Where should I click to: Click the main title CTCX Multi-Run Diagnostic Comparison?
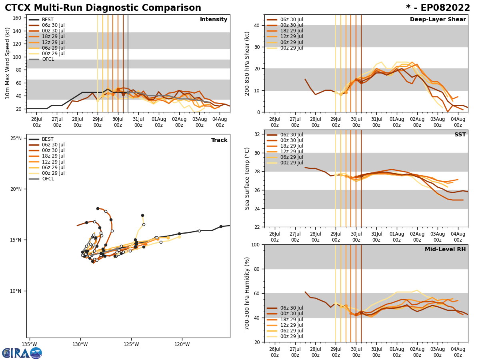pyautogui.click(x=103, y=8)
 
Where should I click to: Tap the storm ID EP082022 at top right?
pyautogui.click(x=438, y=8)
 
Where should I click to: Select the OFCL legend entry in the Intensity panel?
pyautogui.click(x=48, y=59)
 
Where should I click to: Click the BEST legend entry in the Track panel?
pyautogui.click(x=48, y=139)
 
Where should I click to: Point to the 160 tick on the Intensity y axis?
pyautogui.click(x=17, y=18)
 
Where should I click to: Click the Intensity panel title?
pyautogui.click(x=214, y=20)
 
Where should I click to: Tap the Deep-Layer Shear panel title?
pyautogui.click(x=438, y=20)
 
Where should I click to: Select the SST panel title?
pyautogui.click(x=460, y=135)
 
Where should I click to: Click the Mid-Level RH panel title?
pyautogui.click(x=445, y=250)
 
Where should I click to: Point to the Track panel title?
pyautogui.click(x=219, y=140)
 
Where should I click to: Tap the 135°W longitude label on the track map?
pyautogui.click(x=29, y=344)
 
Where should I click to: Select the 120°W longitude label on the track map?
pyautogui.click(x=182, y=344)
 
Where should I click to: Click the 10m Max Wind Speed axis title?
pyautogui.click(x=8, y=63)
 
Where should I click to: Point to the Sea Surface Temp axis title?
pyautogui.click(x=248, y=178)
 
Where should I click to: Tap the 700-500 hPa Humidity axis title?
pyautogui.click(x=248, y=293)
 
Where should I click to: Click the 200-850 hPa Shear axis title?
pyautogui.click(x=248, y=63)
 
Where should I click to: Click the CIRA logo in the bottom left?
pyautogui.click(x=22, y=353)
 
